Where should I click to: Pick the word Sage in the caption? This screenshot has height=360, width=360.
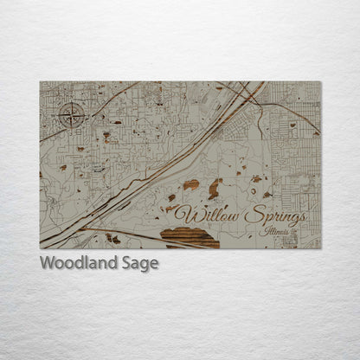coord(140,264)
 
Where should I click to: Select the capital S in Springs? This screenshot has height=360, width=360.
coord(252,215)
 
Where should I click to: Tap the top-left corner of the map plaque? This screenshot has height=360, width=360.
coord(40,82)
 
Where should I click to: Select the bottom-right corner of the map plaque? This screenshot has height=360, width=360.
coord(320,248)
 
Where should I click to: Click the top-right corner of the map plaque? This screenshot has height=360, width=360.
coord(320,82)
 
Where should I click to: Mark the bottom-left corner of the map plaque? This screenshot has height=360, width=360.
coord(40,248)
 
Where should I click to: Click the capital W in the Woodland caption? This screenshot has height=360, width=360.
coord(48,263)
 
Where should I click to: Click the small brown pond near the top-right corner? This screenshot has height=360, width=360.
coord(294,125)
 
